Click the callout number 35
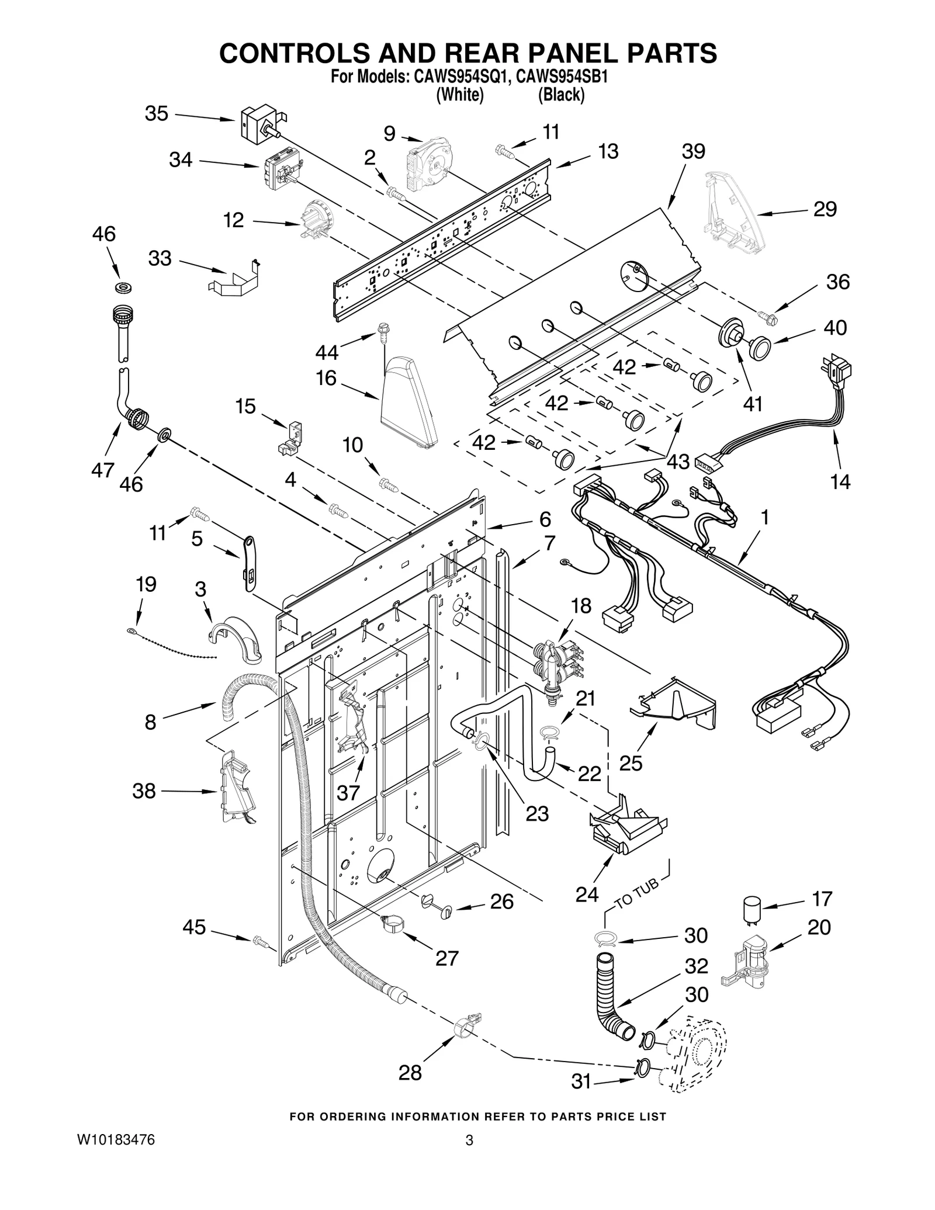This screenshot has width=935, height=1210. click(x=156, y=113)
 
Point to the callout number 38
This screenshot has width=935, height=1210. click(x=144, y=791)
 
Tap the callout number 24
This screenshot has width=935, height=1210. click(x=587, y=894)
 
